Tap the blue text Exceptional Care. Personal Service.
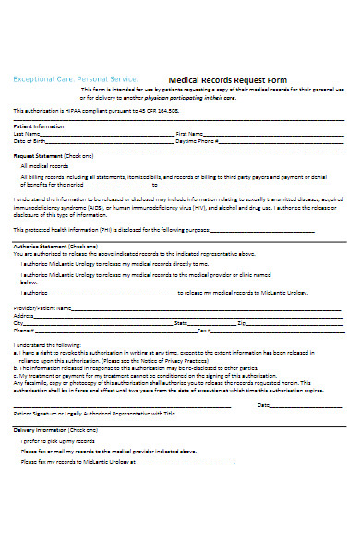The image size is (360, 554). pos(75,79)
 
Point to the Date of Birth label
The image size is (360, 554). pos(31,141)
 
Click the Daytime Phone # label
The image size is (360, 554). pos(198,141)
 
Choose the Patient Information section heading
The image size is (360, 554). pos(38,126)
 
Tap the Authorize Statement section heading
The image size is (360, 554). pos(42,247)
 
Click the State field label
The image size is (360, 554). pos(182,323)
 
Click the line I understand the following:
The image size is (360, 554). pos(44,344)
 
